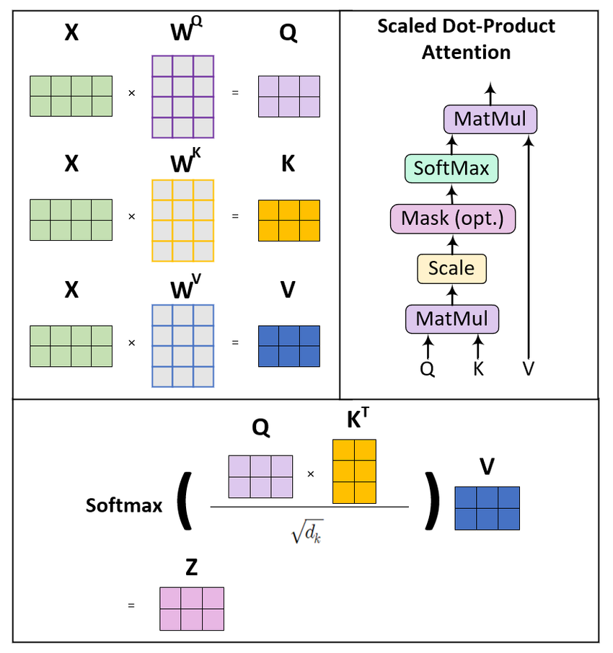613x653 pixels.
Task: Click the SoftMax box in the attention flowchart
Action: coord(451,169)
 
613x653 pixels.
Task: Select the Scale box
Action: coord(451,268)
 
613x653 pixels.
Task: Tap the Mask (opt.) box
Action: coord(453,218)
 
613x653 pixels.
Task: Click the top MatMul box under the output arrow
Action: coord(490,118)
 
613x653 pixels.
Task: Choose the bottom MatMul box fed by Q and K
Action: coord(452,319)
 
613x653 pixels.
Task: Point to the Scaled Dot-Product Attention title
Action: coord(467,39)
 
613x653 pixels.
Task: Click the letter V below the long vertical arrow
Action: coord(529,369)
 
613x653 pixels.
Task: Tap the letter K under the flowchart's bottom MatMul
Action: coord(478,369)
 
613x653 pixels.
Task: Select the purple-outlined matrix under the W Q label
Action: coord(182,96)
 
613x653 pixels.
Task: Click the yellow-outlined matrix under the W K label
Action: coord(182,221)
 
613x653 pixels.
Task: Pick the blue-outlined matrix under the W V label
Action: coord(182,345)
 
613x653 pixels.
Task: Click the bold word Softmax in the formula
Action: coord(124,505)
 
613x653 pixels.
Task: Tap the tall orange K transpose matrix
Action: coord(354,471)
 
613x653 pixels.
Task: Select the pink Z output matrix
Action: coord(192,609)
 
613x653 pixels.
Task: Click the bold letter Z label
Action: coord(191,568)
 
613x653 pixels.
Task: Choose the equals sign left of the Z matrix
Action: coord(131,606)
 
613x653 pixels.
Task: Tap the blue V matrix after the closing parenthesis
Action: coord(487,508)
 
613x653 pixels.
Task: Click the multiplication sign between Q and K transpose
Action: coord(311,474)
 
